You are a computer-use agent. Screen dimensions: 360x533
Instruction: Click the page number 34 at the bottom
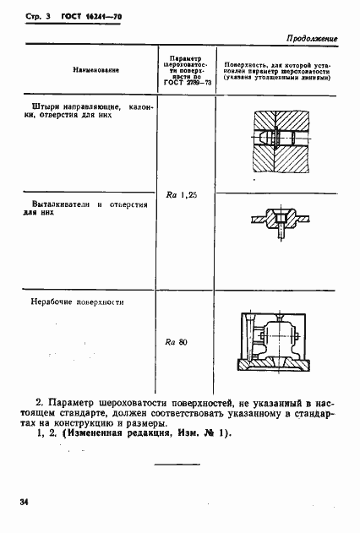25,503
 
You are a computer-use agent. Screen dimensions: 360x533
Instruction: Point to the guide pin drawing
275,139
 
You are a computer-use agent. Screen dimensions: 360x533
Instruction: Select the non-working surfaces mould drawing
277,343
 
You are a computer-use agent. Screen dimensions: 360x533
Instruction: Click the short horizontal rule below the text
177,465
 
